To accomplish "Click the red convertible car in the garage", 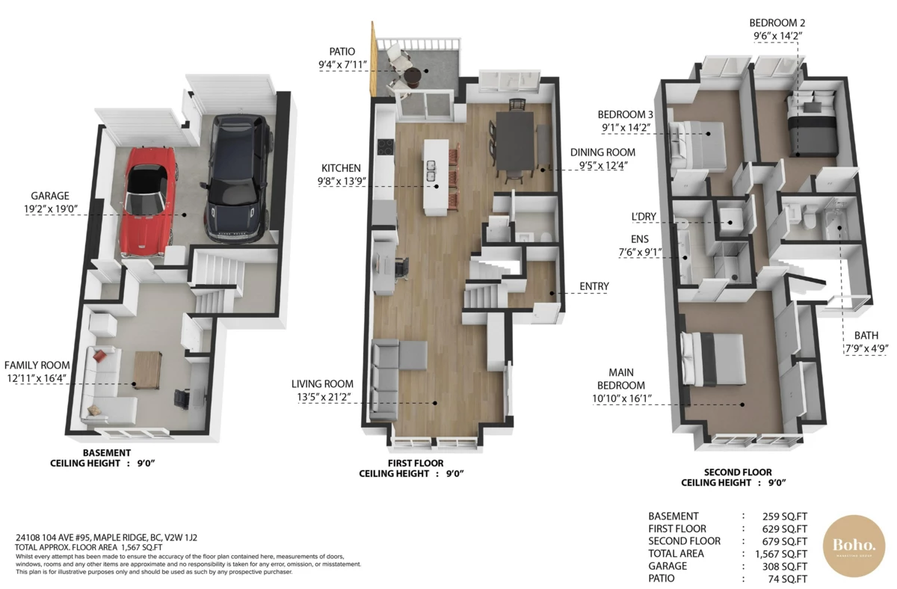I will click(x=149, y=202).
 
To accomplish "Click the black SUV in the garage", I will click(x=238, y=179).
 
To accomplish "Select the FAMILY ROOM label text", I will click(x=36, y=365).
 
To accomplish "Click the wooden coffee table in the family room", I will click(x=147, y=369).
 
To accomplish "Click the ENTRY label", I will click(x=594, y=286).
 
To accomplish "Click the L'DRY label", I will click(x=643, y=217).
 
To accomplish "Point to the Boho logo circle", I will click(x=853, y=546).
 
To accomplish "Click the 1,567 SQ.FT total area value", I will click(x=782, y=554).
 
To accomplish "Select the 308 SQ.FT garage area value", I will click(x=785, y=567).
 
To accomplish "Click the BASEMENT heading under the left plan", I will click(x=106, y=453).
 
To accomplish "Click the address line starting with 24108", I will click(x=106, y=537).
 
